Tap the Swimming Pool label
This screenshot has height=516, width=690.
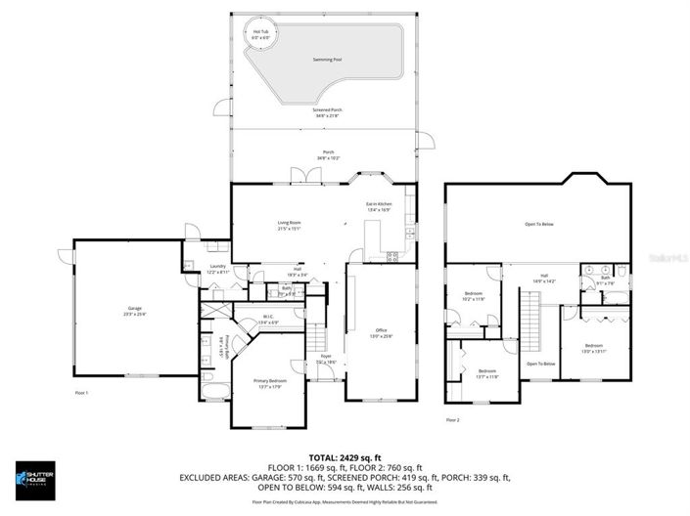(327, 60)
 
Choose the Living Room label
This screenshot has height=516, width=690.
(288, 226)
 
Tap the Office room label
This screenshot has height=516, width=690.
(381, 333)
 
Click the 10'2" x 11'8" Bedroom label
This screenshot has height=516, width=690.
(474, 297)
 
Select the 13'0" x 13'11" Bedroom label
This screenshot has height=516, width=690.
(594, 349)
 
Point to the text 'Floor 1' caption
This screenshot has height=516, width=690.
(81, 392)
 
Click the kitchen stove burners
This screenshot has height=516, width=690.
(394, 257)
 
